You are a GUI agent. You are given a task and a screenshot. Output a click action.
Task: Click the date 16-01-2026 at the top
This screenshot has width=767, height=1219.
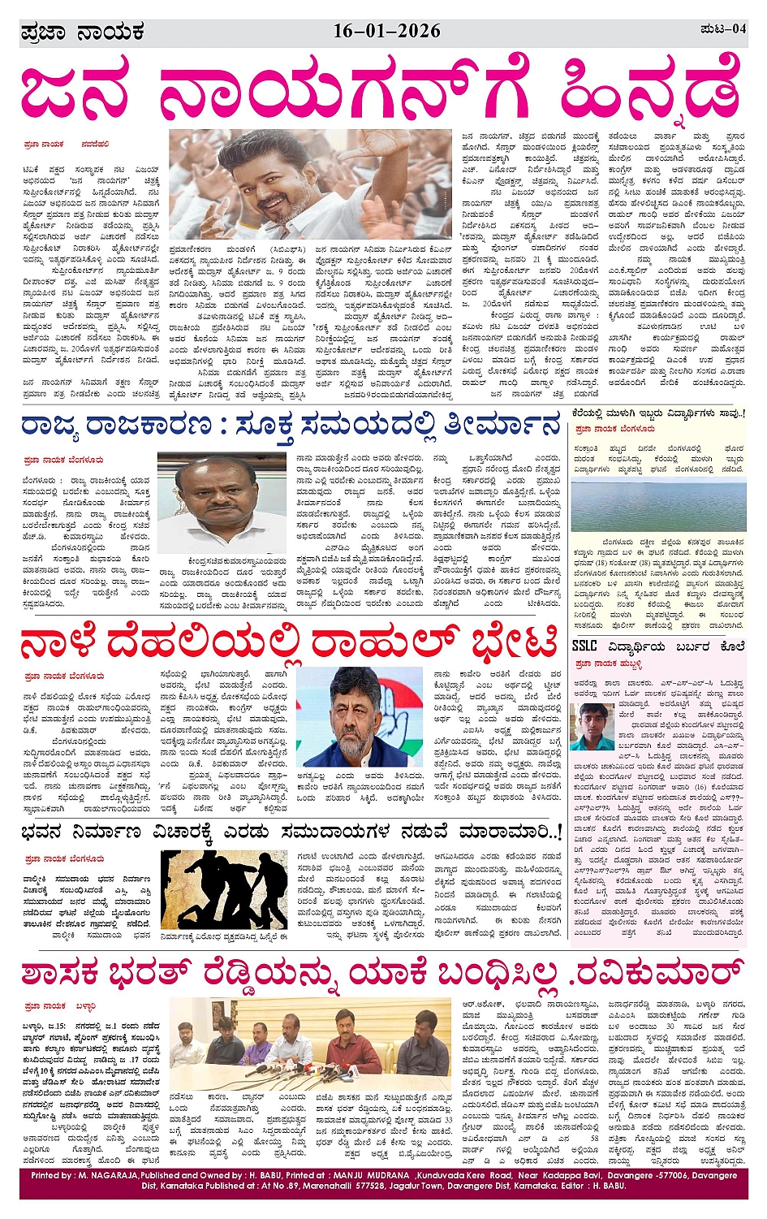(386, 31)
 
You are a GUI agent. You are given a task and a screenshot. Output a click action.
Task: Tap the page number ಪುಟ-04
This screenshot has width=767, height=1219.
(722, 29)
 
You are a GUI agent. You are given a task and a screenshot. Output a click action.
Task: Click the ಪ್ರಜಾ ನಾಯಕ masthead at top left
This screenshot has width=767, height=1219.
(82, 32)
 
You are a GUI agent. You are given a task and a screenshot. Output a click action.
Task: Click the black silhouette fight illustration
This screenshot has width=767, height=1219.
(223, 888)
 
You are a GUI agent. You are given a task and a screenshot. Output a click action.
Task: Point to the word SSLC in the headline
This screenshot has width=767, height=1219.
(584, 646)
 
